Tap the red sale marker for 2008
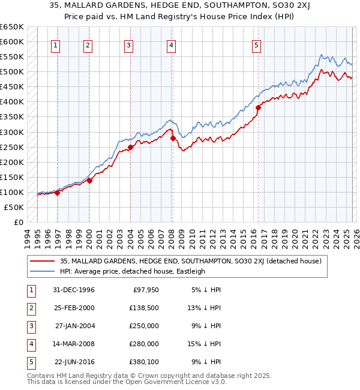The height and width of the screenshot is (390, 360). click(x=173, y=138)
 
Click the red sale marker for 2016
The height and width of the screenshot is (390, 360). click(x=259, y=108)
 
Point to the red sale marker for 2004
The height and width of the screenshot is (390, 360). click(x=130, y=147)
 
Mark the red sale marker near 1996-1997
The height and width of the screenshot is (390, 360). click(x=58, y=193)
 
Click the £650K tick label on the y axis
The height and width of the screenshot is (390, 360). click(x=12, y=27)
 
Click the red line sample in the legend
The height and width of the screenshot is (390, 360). click(x=43, y=261)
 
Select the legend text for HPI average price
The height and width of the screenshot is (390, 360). click(x=133, y=271)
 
